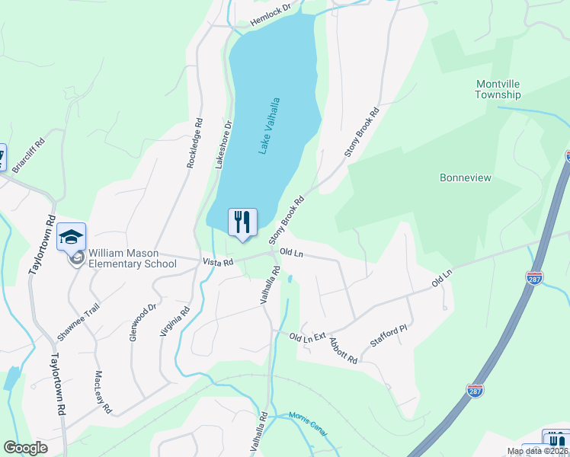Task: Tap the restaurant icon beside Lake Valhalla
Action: click(242, 222)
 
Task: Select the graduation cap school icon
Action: click(71, 238)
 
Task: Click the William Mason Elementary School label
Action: click(132, 258)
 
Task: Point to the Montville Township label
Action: click(498, 89)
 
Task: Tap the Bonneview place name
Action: click(465, 177)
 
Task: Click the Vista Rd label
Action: click(216, 261)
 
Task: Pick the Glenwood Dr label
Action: click(142, 321)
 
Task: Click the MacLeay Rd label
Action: click(104, 392)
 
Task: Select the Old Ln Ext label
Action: click(308, 336)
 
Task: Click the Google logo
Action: click(25, 448)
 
